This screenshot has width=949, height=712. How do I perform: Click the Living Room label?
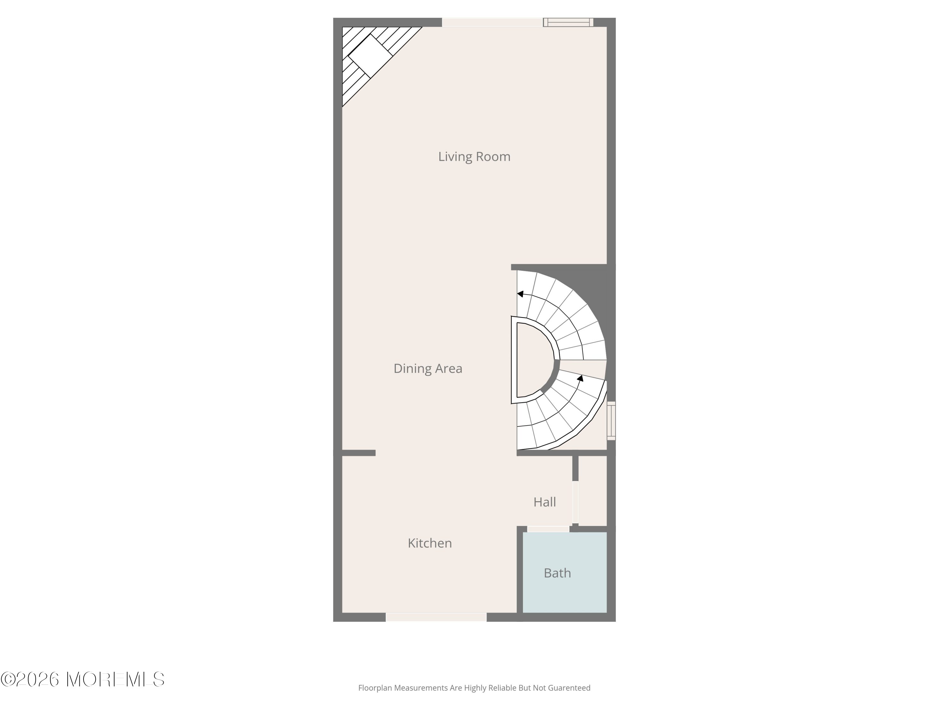(474, 157)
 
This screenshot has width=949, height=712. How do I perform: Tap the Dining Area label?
(428, 368)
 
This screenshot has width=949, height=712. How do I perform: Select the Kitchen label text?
(430, 543)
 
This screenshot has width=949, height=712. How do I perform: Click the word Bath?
(557, 573)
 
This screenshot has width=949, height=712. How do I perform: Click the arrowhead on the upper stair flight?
(520, 294)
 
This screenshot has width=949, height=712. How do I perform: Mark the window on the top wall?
(568, 22)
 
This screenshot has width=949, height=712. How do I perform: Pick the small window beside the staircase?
(611, 421)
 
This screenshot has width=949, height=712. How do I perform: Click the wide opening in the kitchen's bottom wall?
(436, 617)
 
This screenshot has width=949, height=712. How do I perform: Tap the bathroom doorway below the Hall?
(548, 529)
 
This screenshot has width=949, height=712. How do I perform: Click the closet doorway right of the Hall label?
(575, 503)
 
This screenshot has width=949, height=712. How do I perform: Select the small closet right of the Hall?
(592, 490)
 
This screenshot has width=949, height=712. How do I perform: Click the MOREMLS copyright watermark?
(82, 679)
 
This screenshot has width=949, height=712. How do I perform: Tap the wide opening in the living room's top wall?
(493, 22)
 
